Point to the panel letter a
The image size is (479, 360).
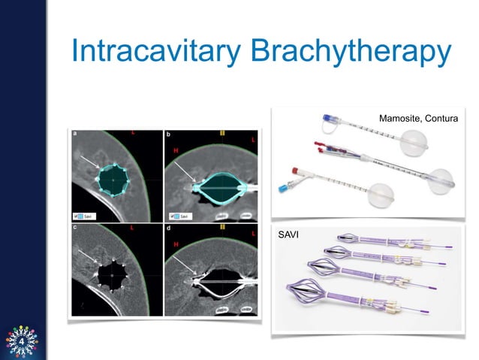(x=75, y=134)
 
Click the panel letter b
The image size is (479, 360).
(x=167, y=134)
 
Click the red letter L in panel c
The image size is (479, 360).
(x=132, y=228)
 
